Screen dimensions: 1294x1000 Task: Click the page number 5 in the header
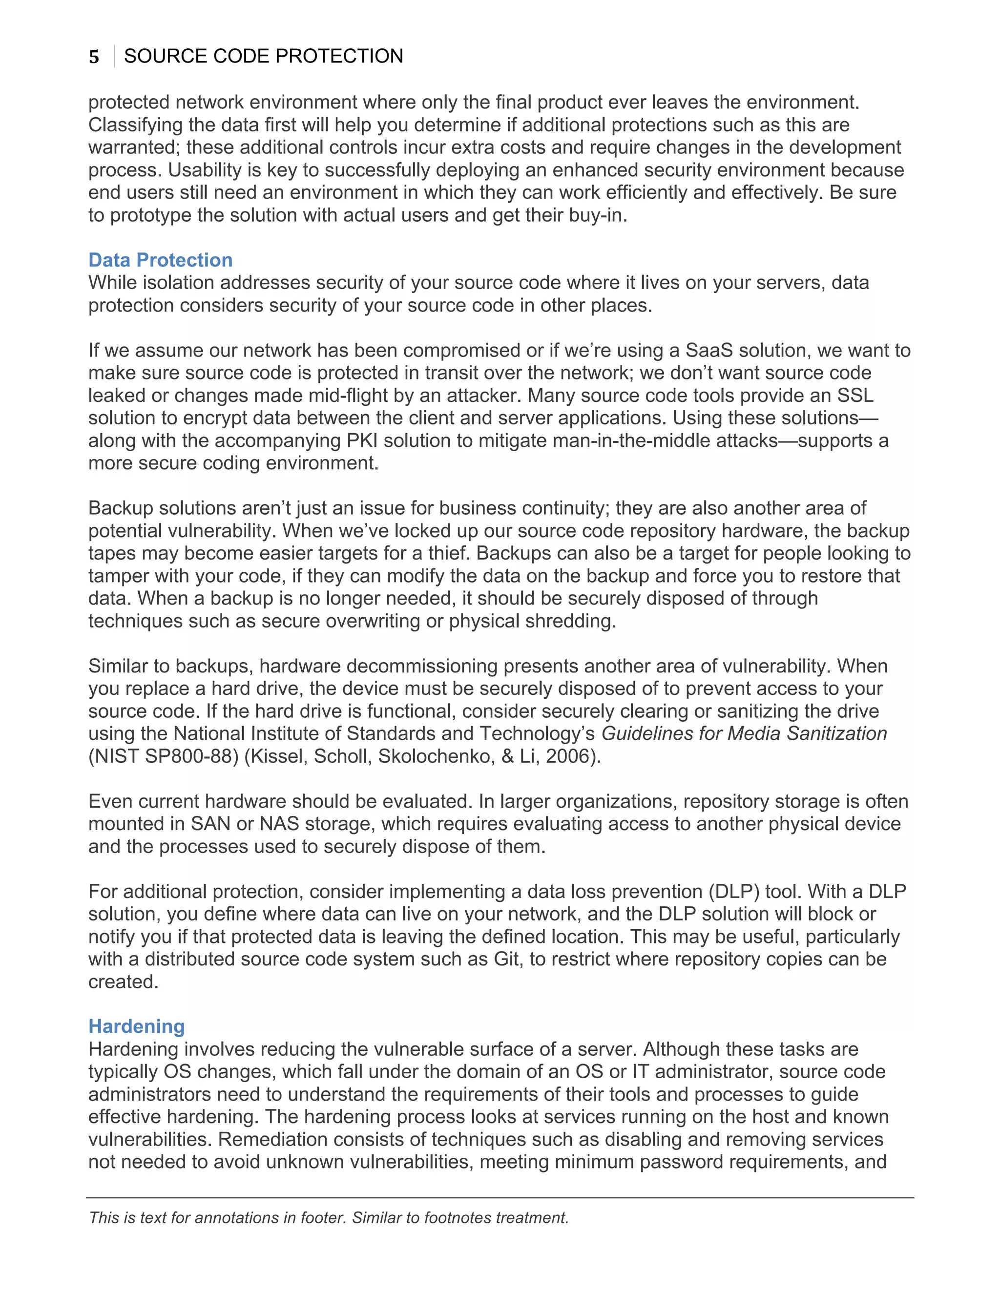[94, 57]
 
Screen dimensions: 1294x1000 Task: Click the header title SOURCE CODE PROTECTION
[263, 56]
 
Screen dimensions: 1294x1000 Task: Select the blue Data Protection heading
[160, 260]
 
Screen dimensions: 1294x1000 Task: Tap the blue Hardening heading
[136, 1027]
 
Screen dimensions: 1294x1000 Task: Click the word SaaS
[710, 351]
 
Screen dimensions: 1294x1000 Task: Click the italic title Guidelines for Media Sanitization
[744, 733]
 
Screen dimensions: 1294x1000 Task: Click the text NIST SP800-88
[164, 756]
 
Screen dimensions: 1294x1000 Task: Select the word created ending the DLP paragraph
[123, 982]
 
